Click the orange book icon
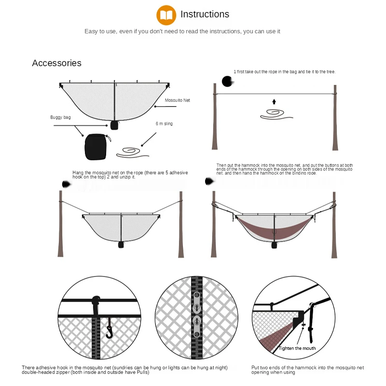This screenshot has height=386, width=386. click(166, 15)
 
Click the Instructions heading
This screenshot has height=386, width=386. click(205, 14)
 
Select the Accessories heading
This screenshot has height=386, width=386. click(56, 63)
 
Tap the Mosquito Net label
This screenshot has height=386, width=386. click(178, 100)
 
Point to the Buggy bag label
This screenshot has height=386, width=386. click(60, 117)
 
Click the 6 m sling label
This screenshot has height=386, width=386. click(164, 124)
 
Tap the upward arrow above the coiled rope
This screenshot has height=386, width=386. click(274, 102)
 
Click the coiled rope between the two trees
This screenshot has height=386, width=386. click(275, 114)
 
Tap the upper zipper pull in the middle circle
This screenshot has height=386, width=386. click(196, 299)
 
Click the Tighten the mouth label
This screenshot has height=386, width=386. click(297, 348)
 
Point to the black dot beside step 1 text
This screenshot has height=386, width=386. click(226, 81)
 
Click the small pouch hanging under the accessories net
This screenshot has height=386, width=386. click(114, 125)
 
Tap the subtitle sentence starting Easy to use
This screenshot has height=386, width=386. click(182, 31)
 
